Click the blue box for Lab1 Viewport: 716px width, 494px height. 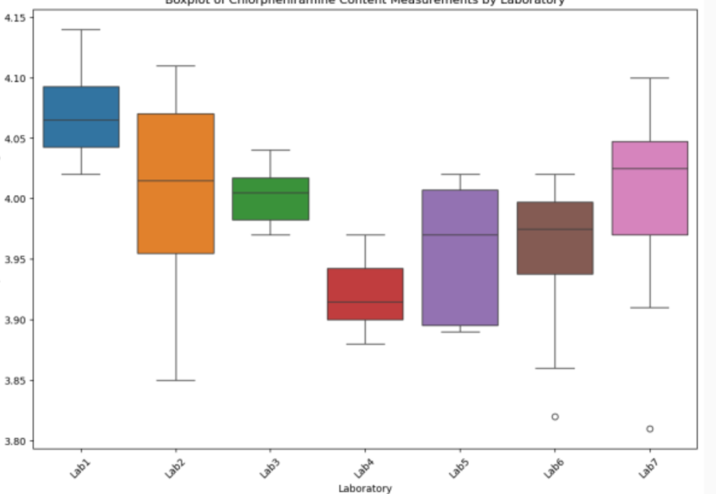click(x=81, y=116)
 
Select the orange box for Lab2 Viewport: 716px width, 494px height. click(x=176, y=183)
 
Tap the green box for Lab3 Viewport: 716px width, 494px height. click(x=270, y=199)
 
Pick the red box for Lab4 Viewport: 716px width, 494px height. click(x=365, y=294)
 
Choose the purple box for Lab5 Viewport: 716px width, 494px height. click(x=460, y=258)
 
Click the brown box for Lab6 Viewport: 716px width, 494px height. click(x=555, y=238)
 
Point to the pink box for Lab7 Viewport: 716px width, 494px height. click(x=650, y=188)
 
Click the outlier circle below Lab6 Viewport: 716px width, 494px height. click(x=555, y=417)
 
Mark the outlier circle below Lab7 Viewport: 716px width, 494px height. click(x=650, y=429)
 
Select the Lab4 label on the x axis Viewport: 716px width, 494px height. click(x=364, y=468)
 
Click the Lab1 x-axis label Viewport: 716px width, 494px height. click(x=80, y=468)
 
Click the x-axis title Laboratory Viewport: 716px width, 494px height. click(x=365, y=489)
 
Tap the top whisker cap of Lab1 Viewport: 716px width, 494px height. click(x=81, y=29)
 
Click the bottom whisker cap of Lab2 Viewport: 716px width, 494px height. click(x=176, y=381)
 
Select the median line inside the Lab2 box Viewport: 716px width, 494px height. click(x=176, y=180)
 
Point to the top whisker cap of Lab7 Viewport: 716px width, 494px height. click(x=650, y=78)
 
